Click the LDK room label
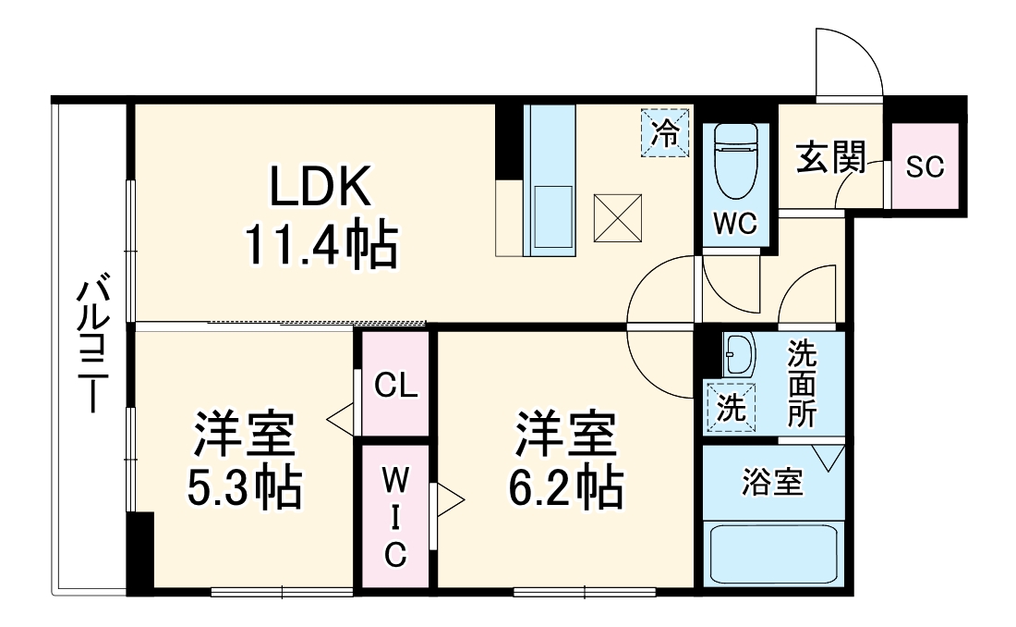(x=320, y=189)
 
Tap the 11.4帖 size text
(x=320, y=244)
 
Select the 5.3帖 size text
(x=244, y=486)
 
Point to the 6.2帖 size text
(x=565, y=486)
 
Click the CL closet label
(x=395, y=385)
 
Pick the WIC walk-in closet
(x=395, y=517)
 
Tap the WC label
(x=735, y=223)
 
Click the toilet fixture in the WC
(x=735, y=162)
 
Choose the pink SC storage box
(x=925, y=167)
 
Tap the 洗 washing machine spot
(x=731, y=409)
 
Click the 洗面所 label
(x=801, y=383)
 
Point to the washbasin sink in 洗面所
(x=740, y=351)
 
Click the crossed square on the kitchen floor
(x=618, y=217)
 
